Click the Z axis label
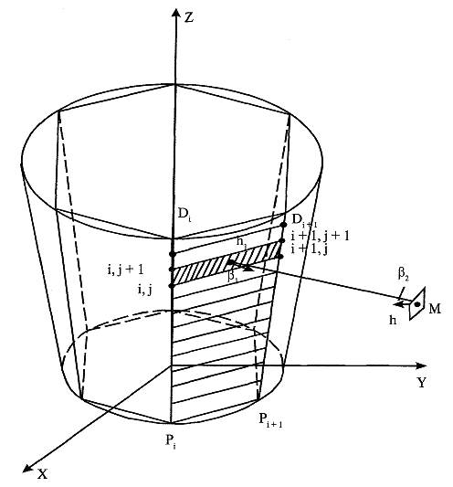[188, 17]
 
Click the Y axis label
[421, 382]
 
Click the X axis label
[43, 474]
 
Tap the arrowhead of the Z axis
[176, 14]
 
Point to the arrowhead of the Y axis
[421, 365]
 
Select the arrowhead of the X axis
[28, 468]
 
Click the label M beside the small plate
[435, 309]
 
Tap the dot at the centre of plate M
[417, 304]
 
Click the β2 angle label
[403, 274]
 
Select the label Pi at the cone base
[171, 442]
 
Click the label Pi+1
[270, 421]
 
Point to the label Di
[184, 215]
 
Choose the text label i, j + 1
[125, 270]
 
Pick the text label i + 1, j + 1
[320, 237]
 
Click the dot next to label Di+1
[283, 224]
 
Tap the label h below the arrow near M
[393, 320]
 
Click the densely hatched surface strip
[226, 263]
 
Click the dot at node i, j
[172, 285]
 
